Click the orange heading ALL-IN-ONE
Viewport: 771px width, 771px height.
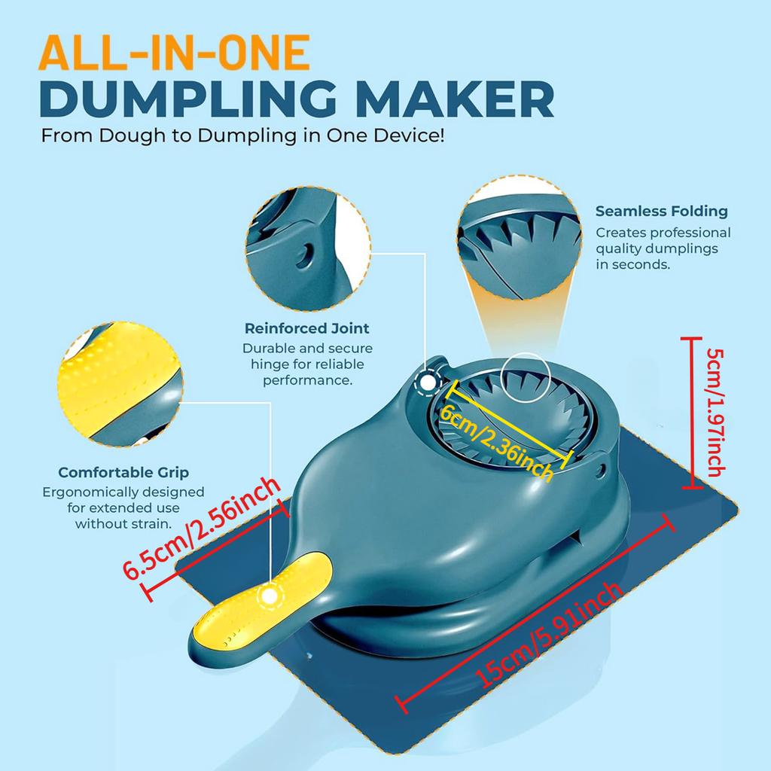coord(175,54)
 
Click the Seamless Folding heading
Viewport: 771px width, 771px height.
coord(661,212)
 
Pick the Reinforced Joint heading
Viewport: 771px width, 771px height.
coord(307,328)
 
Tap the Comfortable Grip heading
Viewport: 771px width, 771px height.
coord(123,473)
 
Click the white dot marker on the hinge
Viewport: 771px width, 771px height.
coord(428,382)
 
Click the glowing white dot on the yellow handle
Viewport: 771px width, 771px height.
coord(267,596)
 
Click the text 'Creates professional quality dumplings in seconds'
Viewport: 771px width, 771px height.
coord(663,248)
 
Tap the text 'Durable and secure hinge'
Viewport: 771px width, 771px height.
coord(307,364)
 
